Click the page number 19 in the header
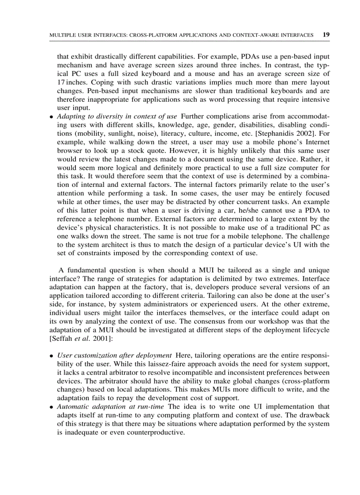[x=326, y=34]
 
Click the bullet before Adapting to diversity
[x=52, y=117]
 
